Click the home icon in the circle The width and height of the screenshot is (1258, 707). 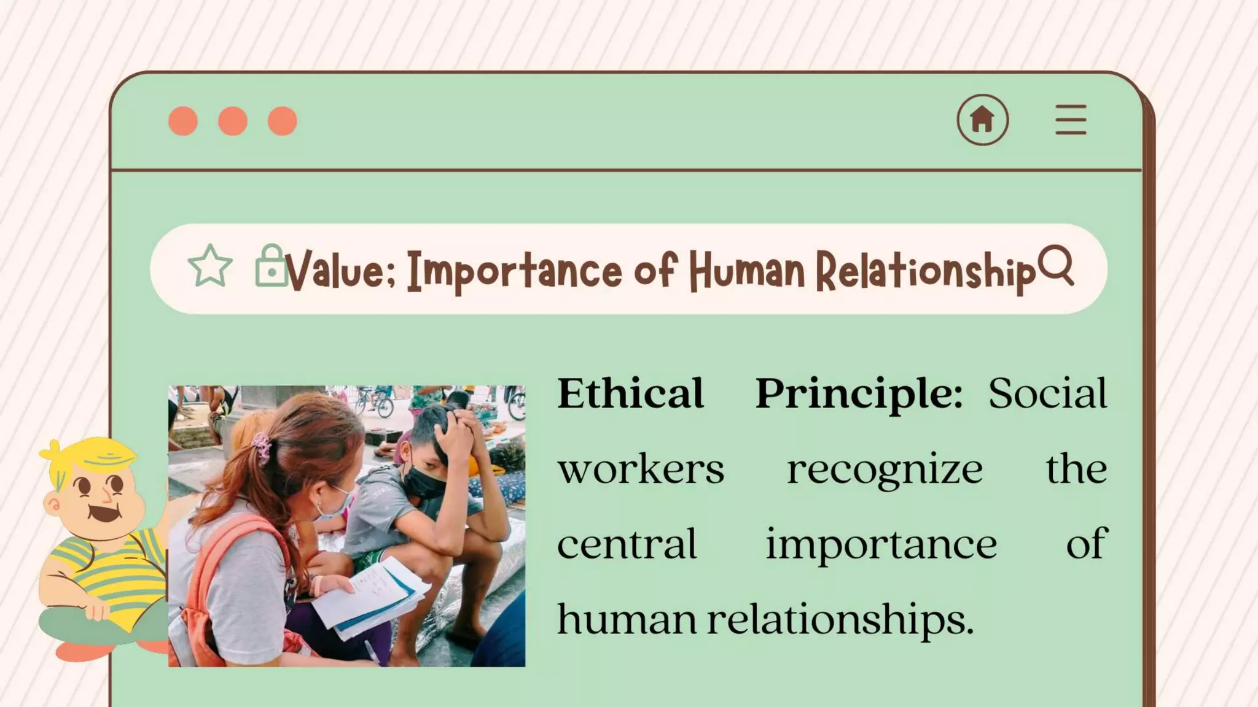pyautogui.click(x=982, y=119)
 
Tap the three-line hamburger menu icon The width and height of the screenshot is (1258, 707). pyautogui.click(x=1071, y=120)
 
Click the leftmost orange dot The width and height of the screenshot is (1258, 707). pyautogui.click(x=183, y=121)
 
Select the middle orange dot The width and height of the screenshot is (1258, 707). pyautogui.click(x=233, y=121)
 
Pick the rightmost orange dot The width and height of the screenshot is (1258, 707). pyautogui.click(x=283, y=121)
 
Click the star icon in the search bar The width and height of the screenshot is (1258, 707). pyautogui.click(x=210, y=266)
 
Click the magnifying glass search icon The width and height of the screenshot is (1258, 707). pyautogui.click(x=1057, y=266)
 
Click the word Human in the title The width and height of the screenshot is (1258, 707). pyautogui.click(x=746, y=271)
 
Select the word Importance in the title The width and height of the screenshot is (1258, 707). pyautogui.click(x=515, y=271)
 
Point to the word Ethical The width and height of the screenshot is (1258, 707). pyautogui.click(x=630, y=393)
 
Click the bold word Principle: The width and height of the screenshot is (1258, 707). pyautogui.click(x=859, y=393)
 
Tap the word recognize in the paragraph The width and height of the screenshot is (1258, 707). pyautogui.click(x=885, y=469)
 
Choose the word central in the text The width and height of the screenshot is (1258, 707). pyautogui.click(x=627, y=544)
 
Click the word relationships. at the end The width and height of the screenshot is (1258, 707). pyautogui.click(x=840, y=619)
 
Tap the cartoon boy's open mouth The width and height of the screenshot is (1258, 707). pyautogui.click(x=103, y=511)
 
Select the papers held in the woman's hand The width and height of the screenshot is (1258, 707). pyautogui.click(x=369, y=598)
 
